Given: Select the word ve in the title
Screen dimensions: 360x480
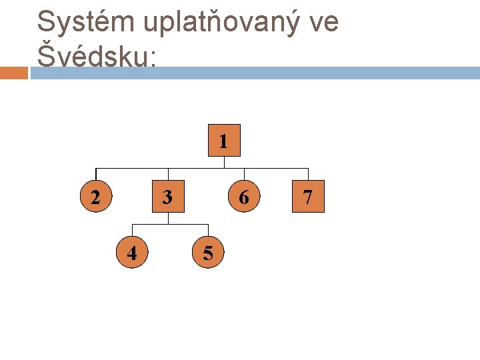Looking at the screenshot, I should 324,22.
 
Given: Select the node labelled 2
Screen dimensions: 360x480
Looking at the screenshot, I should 96,197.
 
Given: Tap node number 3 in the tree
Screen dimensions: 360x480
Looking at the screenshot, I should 168,197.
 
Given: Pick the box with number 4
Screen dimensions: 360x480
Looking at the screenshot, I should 132,253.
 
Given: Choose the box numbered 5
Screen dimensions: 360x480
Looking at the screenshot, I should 208,253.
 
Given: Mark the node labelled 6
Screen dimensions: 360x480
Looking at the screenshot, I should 244,197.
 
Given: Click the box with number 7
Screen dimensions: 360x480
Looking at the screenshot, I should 307,197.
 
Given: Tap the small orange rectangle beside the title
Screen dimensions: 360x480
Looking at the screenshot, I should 14,73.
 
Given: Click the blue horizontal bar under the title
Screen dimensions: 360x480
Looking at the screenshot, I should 253,73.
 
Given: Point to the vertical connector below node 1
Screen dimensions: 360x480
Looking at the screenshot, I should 224,162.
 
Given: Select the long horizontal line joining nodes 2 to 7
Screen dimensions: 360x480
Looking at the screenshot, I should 200,168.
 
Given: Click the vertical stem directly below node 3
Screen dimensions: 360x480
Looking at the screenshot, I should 168,218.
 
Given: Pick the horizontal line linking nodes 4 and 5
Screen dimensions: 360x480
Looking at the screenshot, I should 170,223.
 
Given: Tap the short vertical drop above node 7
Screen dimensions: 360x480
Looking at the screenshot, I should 307,174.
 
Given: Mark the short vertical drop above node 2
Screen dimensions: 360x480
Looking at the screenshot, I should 96,174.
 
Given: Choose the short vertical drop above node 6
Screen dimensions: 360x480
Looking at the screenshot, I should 244,174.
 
